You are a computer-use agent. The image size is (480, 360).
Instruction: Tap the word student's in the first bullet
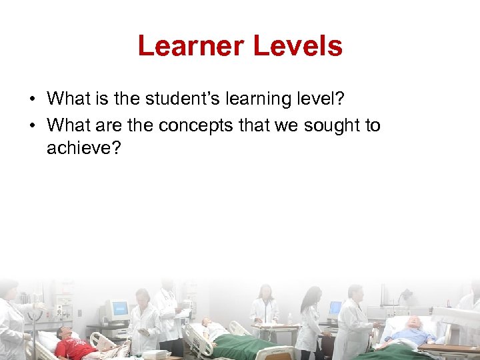180,99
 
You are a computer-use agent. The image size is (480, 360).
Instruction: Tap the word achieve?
83,147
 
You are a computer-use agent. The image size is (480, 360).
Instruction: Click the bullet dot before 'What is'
32,100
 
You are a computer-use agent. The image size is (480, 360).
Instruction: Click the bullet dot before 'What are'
32,126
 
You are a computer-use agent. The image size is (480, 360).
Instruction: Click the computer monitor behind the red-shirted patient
117,311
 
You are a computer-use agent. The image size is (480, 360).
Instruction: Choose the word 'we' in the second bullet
289,125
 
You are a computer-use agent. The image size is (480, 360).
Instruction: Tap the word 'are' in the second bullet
105,125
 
